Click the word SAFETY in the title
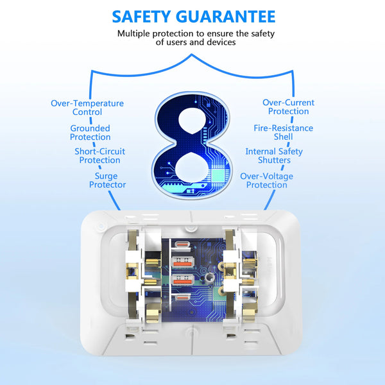[x=141, y=17]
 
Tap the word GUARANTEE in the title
[x=226, y=17]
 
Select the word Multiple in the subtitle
[x=134, y=33]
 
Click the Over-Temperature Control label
[x=87, y=108]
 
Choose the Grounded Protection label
[x=90, y=133]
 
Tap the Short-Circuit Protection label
[x=99, y=156]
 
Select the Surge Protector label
[x=107, y=180]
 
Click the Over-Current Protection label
[x=288, y=107]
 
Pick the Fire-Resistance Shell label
[x=284, y=132]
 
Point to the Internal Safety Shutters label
[x=274, y=156]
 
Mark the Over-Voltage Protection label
[x=267, y=180]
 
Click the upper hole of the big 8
[x=192, y=121]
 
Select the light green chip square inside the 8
[x=218, y=176]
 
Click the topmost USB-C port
[x=182, y=245]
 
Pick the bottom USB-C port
[x=182, y=298]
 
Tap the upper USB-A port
[x=182, y=262]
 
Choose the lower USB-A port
[x=182, y=280]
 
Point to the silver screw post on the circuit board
[x=209, y=278]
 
